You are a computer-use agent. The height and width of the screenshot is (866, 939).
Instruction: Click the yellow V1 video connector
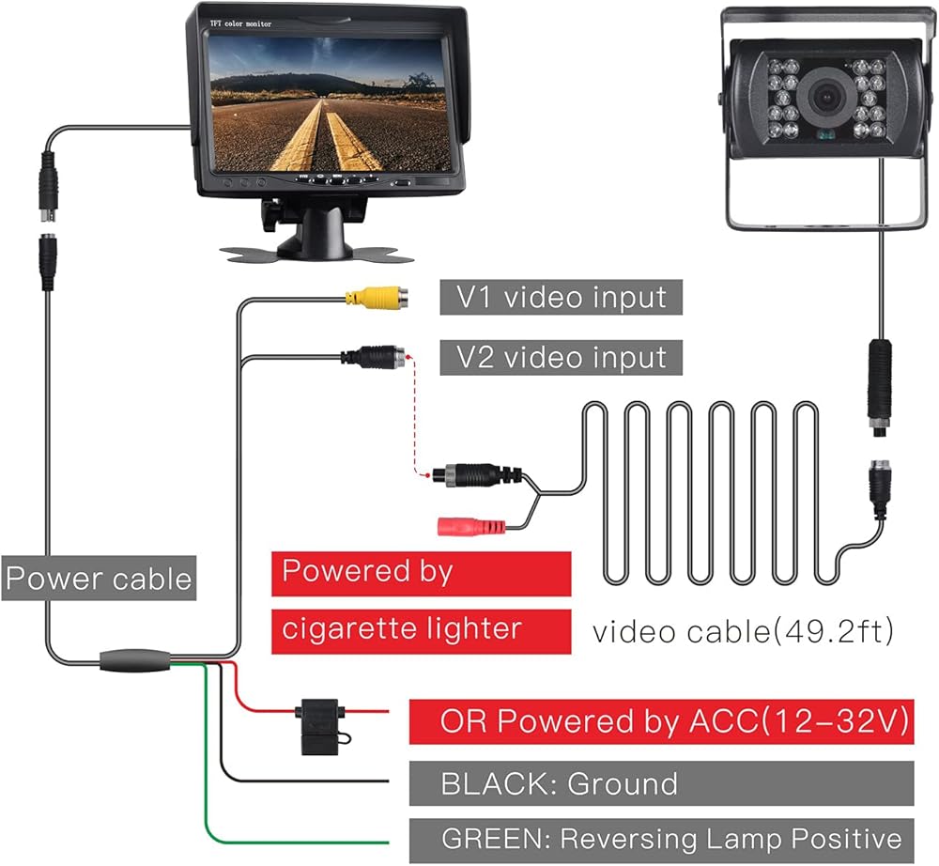click(x=376, y=298)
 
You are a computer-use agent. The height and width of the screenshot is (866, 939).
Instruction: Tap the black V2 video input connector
click(x=375, y=357)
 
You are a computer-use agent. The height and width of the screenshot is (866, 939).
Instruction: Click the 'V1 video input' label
click(x=561, y=298)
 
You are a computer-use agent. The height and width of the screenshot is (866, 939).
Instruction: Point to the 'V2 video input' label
click(x=561, y=357)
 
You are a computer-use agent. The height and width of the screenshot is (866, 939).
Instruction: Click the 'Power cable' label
click(x=98, y=578)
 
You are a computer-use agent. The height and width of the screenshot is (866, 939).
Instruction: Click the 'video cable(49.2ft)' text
click(x=741, y=631)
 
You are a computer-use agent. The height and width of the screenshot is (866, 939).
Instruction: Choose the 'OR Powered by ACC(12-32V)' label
click(x=661, y=722)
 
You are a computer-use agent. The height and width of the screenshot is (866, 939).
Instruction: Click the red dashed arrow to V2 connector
click(x=410, y=413)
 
